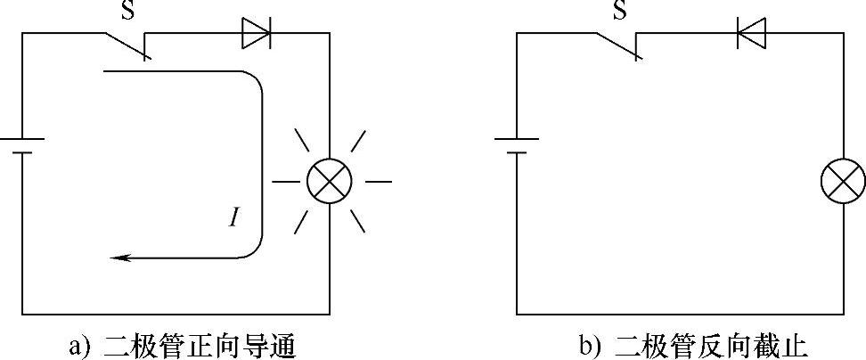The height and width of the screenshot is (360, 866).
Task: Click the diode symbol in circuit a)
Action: (x=256, y=34)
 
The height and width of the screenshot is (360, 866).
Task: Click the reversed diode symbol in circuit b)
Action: (x=751, y=34)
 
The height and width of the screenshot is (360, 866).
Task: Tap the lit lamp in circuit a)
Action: (x=329, y=182)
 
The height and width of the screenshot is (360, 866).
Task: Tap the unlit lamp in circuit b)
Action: (x=842, y=182)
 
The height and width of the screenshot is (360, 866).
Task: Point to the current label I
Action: (x=233, y=217)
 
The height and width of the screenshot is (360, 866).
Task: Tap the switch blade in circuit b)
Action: (x=620, y=46)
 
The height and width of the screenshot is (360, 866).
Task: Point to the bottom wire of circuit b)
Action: (x=677, y=314)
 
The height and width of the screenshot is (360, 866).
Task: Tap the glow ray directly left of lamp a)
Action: (x=285, y=182)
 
